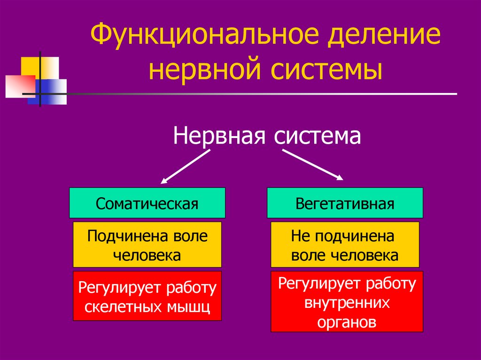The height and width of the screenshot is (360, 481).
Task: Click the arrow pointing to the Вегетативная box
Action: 313,164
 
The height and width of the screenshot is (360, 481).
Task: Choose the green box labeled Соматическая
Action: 147,203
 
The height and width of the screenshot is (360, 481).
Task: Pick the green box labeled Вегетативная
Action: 345,203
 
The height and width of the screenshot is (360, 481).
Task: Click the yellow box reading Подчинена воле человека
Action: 147,245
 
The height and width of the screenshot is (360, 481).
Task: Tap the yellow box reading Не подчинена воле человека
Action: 345,245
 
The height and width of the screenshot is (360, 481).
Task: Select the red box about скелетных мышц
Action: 147,296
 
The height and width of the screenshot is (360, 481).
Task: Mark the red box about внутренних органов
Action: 347,302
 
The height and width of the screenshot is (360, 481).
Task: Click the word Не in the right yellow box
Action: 298,236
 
